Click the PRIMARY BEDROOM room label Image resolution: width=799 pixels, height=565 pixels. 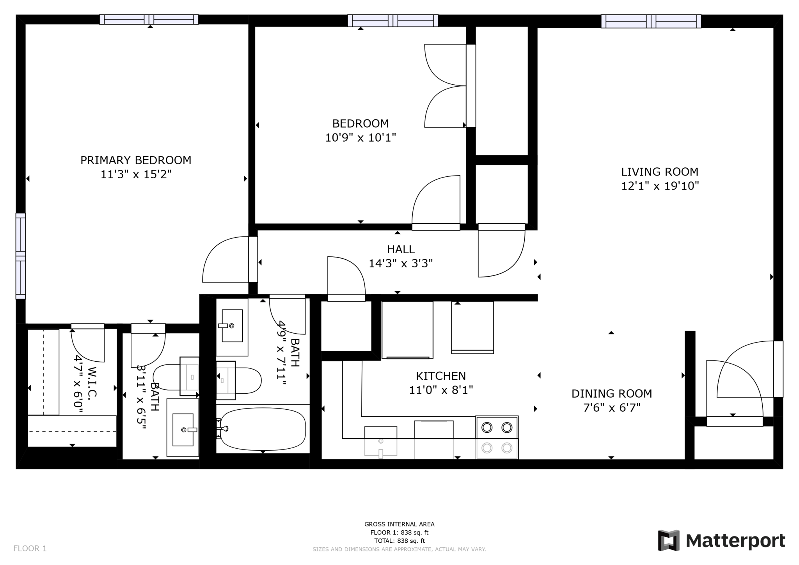tap(136, 160)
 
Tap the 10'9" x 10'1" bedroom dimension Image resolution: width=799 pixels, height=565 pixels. tap(360, 138)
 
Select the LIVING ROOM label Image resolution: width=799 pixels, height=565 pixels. tap(660, 172)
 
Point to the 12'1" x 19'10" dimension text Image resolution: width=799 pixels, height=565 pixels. tap(660, 186)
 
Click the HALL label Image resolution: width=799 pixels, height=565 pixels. tap(401, 249)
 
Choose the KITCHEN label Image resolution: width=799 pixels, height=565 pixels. tap(441, 376)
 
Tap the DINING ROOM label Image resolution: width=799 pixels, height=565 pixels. tap(612, 393)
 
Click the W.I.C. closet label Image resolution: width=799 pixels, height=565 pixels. tap(92, 382)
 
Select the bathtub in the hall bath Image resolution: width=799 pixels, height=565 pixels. tap(263, 429)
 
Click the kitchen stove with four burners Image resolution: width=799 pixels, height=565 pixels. tap(497, 437)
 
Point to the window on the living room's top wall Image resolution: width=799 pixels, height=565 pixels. tap(651, 21)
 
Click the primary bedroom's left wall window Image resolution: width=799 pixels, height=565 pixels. tap(21, 256)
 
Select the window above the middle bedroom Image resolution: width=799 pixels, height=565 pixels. tap(393, 20)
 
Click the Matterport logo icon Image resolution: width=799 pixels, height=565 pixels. tap(669, 540)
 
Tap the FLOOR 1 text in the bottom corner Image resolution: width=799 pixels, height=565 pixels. tap(30, 549)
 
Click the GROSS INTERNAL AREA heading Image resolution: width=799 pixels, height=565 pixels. tap(399, 524)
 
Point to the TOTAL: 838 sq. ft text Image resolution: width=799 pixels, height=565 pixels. tap(399, 541)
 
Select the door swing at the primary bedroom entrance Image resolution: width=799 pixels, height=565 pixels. tap(225, 259)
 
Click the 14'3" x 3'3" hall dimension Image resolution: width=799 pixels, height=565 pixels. tap(401, 263)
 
